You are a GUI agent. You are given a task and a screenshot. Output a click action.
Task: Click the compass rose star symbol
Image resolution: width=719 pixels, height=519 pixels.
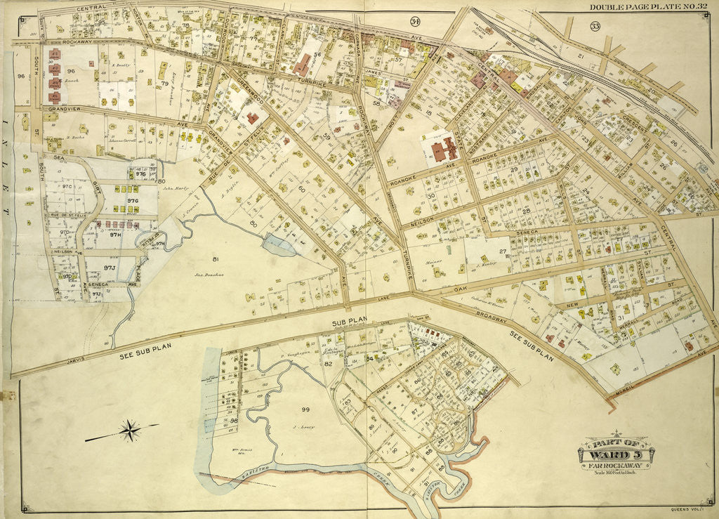click(x=129, y=431)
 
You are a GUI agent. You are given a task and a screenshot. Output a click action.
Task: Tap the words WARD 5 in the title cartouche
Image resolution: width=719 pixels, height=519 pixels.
click(x=615, y=453)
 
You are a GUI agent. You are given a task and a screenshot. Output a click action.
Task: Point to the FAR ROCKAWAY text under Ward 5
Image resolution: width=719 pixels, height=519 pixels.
click(x=615, y=464)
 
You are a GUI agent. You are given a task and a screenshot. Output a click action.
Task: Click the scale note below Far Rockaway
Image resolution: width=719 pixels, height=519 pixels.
click(x=615, y=471)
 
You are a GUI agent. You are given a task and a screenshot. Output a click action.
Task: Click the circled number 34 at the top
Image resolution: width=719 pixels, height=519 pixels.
click(x=415, y=21)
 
